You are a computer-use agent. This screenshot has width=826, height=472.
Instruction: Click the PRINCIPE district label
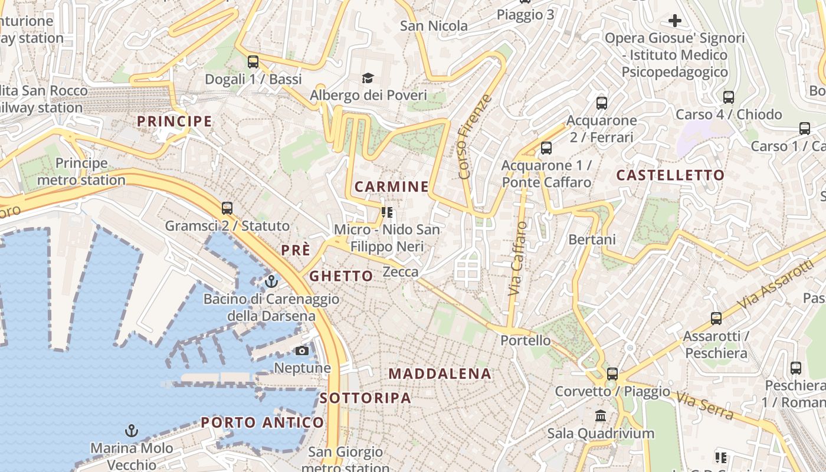pyautogui.click(x=174, y=122)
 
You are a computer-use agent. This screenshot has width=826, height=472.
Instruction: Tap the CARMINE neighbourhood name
pyautogui.click(x=392, y=187)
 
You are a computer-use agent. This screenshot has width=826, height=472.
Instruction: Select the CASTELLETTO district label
pyautogui.click(x=670, y=175)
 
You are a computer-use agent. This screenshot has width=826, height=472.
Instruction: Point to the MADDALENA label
pyautogui.click(x=440, y=373)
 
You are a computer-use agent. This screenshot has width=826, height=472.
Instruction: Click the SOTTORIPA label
pyautogui.click(x=365, y=398)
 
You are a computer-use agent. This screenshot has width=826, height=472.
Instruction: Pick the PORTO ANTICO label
pyautogui.click(x=263, y=422)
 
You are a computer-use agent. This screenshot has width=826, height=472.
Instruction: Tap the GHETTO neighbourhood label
pyautogui.click(x=341, y=276)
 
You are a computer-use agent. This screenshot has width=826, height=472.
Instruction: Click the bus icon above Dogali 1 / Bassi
pyautogui.click(x=253, y=61)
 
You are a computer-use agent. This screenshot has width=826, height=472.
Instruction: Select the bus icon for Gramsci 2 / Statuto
pyautogui.click(x=227, y=208)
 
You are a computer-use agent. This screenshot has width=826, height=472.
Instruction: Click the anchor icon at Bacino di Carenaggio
pyautogui.click(x=271, y=281)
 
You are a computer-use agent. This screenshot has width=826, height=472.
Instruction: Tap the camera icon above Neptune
pyautogui.click(x=302, y=351)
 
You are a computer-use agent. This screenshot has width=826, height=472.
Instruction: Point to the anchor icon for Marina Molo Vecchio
pyautogui.click(x=132, y=431)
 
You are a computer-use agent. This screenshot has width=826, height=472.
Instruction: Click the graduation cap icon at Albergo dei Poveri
pyautogui.click(x=368, y=78)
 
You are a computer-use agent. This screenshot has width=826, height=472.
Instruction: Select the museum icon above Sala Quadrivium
pyautogui.click(x=601, y=416)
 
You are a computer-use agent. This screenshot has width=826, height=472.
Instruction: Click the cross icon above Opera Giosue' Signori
pyautogui.click(x=674, y=21)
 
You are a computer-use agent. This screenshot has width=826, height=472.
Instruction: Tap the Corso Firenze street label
pyautogui.click(x=474, y=136)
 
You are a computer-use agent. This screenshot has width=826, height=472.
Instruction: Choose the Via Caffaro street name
pyautogui.click(x=517, y=258)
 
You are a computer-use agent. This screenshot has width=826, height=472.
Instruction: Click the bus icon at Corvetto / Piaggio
pyautogui.click(x=612, y=373)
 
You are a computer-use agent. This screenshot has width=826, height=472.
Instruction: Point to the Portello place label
pyautogui.click(x=525, y=340)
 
